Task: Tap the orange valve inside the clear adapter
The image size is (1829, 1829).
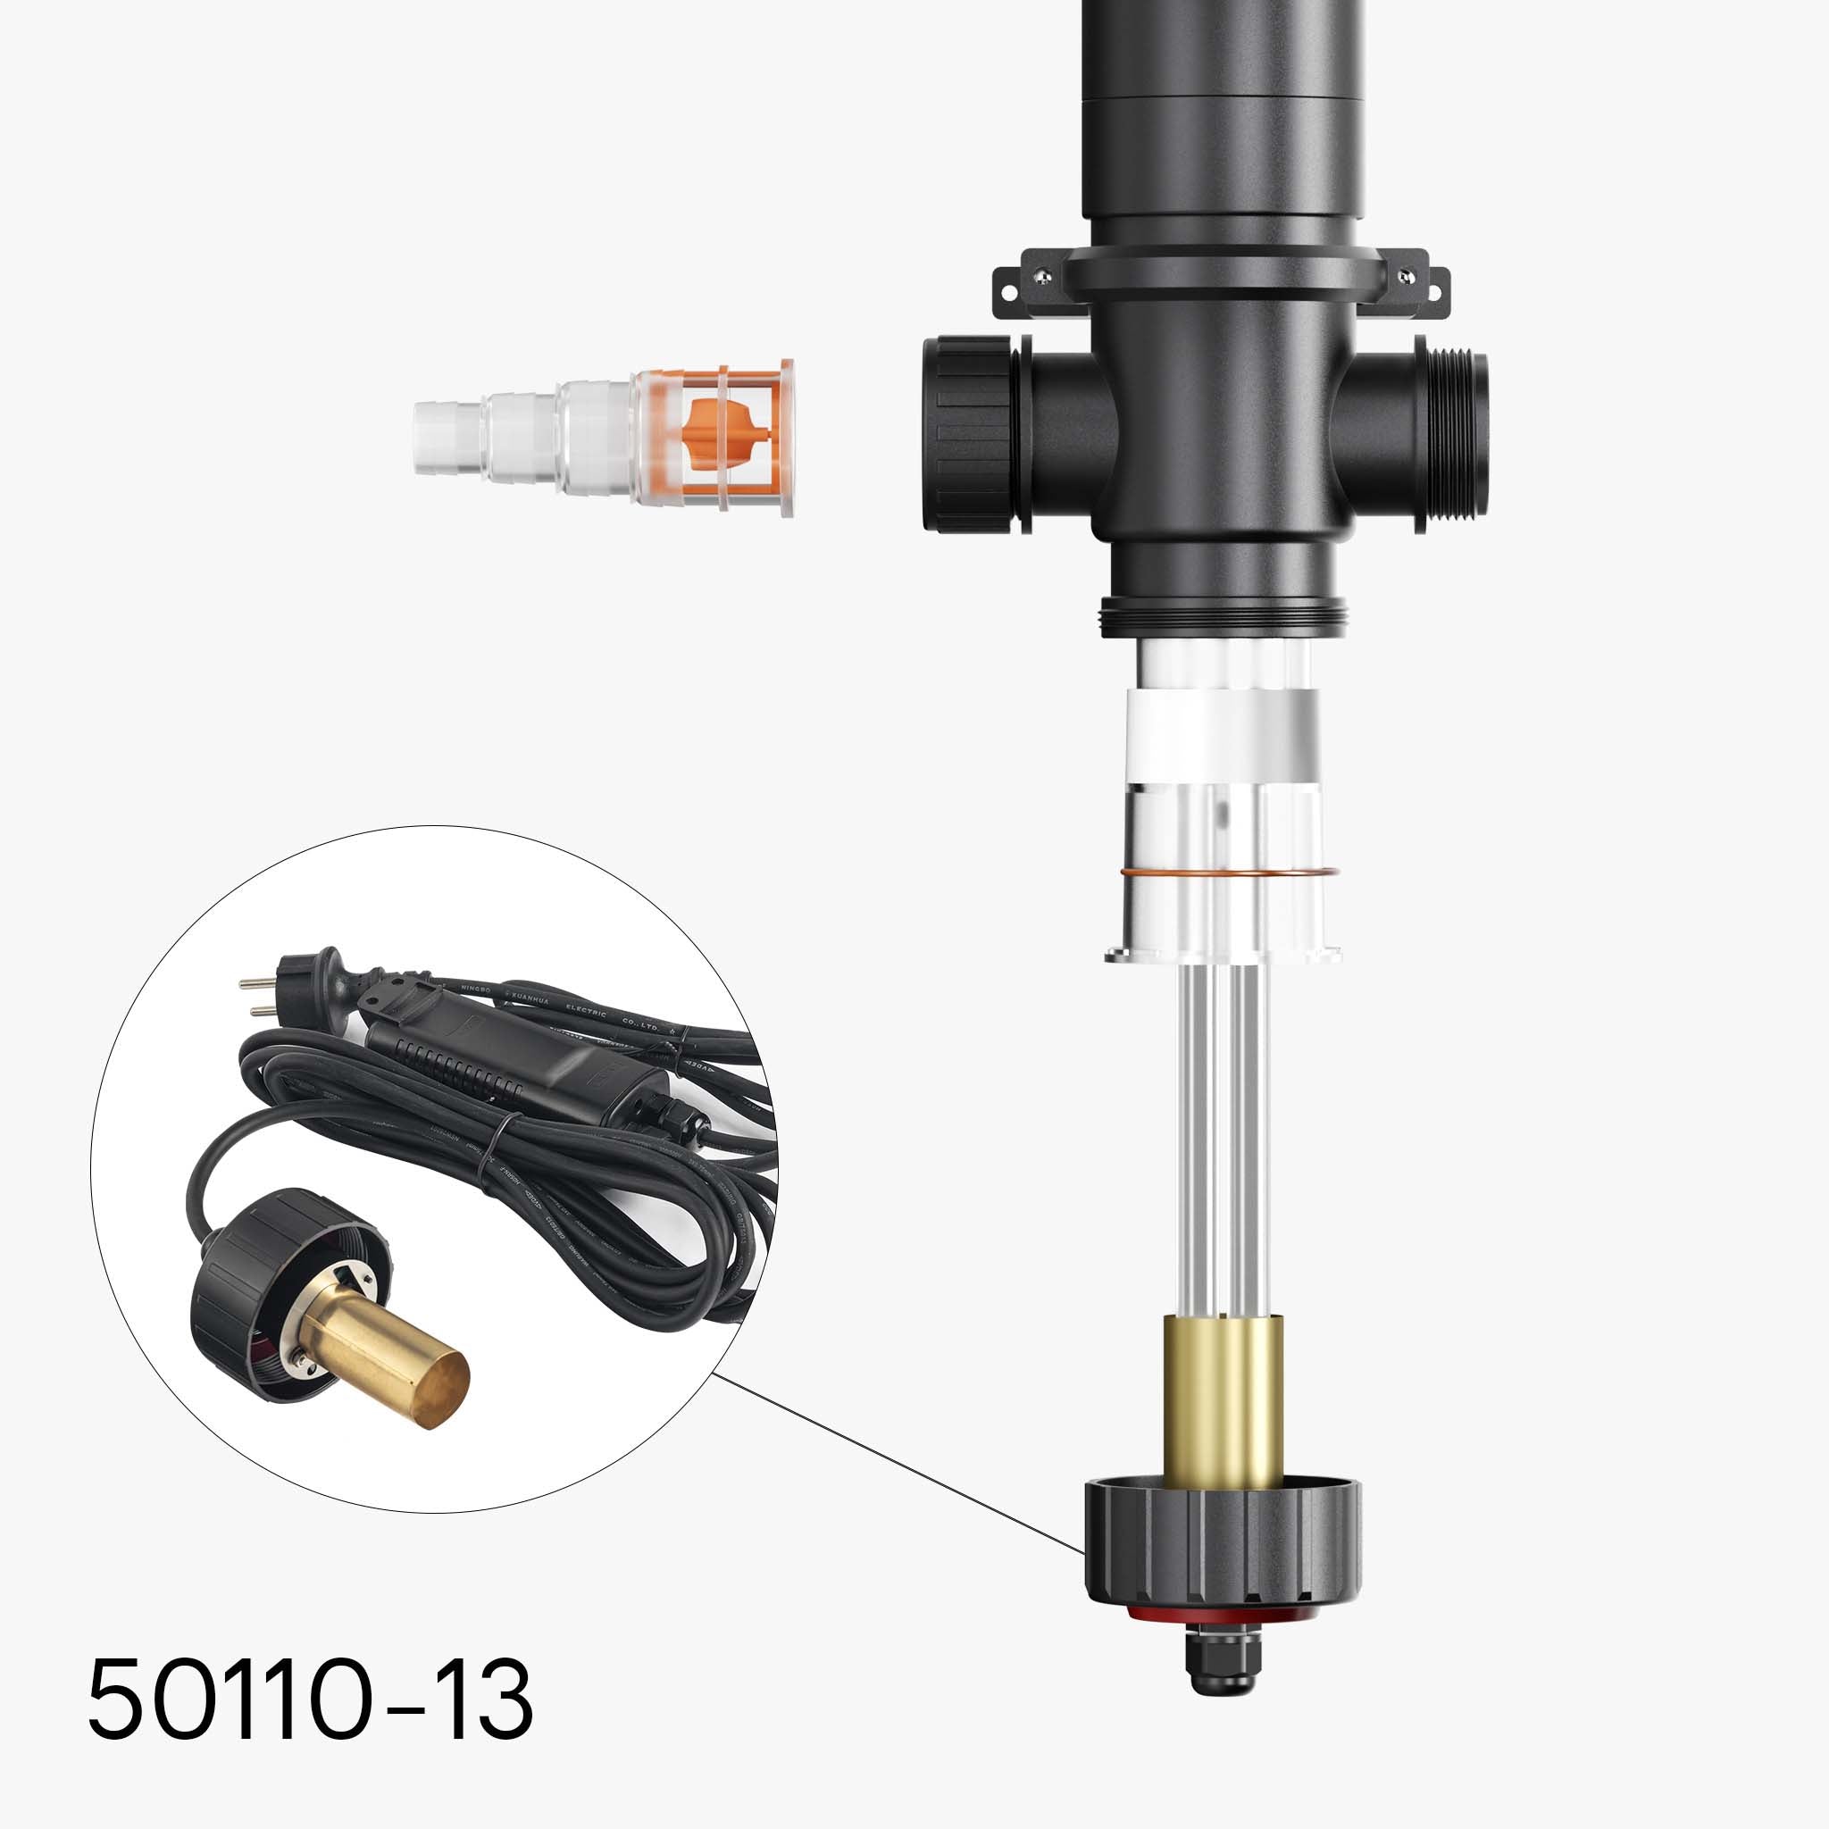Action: point(727,429)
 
